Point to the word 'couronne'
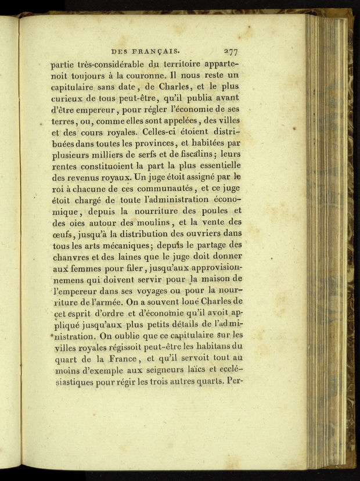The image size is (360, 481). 142,76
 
